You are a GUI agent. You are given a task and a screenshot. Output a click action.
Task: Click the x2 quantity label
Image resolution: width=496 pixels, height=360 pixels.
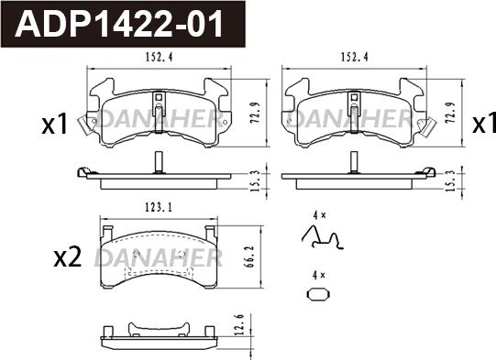tap(69, 257)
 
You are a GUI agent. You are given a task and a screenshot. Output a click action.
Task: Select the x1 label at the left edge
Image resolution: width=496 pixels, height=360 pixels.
tap(55, 125)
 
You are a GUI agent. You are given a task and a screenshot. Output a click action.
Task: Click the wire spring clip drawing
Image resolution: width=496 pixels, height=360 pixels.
tap(322, 238)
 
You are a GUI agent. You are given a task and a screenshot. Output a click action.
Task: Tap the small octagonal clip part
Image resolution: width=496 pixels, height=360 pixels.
tap(318, 295)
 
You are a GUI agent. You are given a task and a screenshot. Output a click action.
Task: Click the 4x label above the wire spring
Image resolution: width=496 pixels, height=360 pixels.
tap(318, 215)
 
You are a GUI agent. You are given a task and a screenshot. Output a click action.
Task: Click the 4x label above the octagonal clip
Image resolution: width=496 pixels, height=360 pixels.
tap(318, 275)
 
